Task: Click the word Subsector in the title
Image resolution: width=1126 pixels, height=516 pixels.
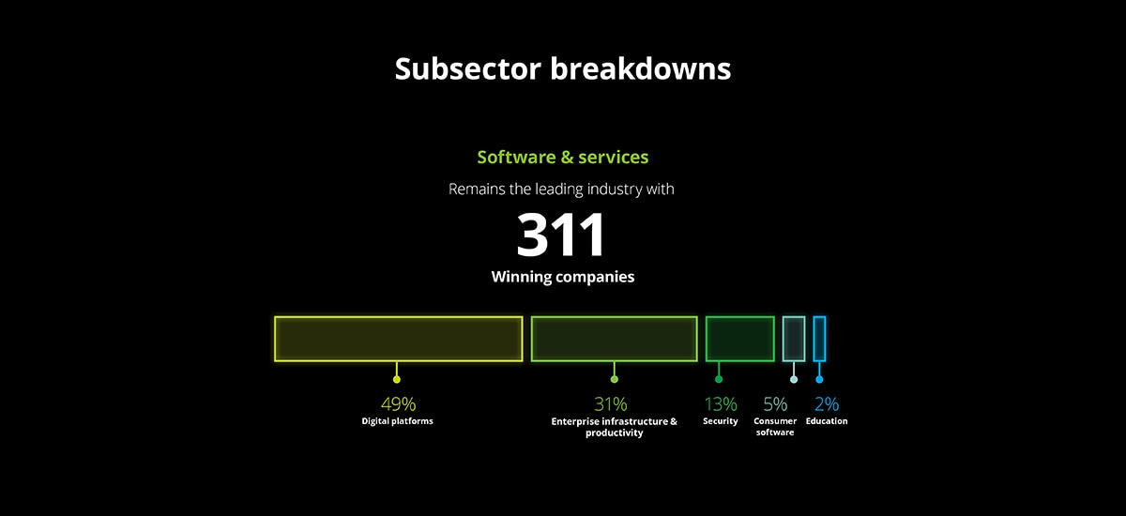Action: coord(467,68)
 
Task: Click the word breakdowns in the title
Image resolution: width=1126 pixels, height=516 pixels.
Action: coord(640,68)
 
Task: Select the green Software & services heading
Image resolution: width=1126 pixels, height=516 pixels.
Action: coord(562,158)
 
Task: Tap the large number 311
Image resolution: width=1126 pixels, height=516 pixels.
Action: coord(560,235)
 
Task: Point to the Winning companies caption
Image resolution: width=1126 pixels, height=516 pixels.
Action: coord(562,277)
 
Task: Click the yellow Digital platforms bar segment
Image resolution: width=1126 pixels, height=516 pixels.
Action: coord(399,339)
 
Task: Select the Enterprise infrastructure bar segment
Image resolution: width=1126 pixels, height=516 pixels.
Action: coord(615,339)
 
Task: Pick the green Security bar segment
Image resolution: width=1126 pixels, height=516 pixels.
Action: coord(740,339)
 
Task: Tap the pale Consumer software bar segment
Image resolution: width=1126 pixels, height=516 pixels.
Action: coord(794,339)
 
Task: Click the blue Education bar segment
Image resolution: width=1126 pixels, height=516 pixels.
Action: coord(819,339)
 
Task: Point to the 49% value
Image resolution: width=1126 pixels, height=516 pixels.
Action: coord(399,404)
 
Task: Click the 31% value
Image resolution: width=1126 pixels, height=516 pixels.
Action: coord(611,404)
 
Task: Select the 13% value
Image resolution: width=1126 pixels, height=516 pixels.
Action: coord(721,404)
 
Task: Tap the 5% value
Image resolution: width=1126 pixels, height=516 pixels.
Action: coord(775,404)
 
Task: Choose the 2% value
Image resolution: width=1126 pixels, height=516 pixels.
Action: coord(827,404)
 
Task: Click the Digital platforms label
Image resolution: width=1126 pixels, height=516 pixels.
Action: coord(397,421)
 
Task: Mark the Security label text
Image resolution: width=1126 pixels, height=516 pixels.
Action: coord(721,421)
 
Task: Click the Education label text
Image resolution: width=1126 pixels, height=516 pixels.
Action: coord(827,421)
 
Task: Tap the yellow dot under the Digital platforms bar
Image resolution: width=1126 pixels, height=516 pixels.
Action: coord(397,379)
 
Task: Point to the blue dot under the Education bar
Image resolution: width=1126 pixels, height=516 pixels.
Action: coord(819,379)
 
